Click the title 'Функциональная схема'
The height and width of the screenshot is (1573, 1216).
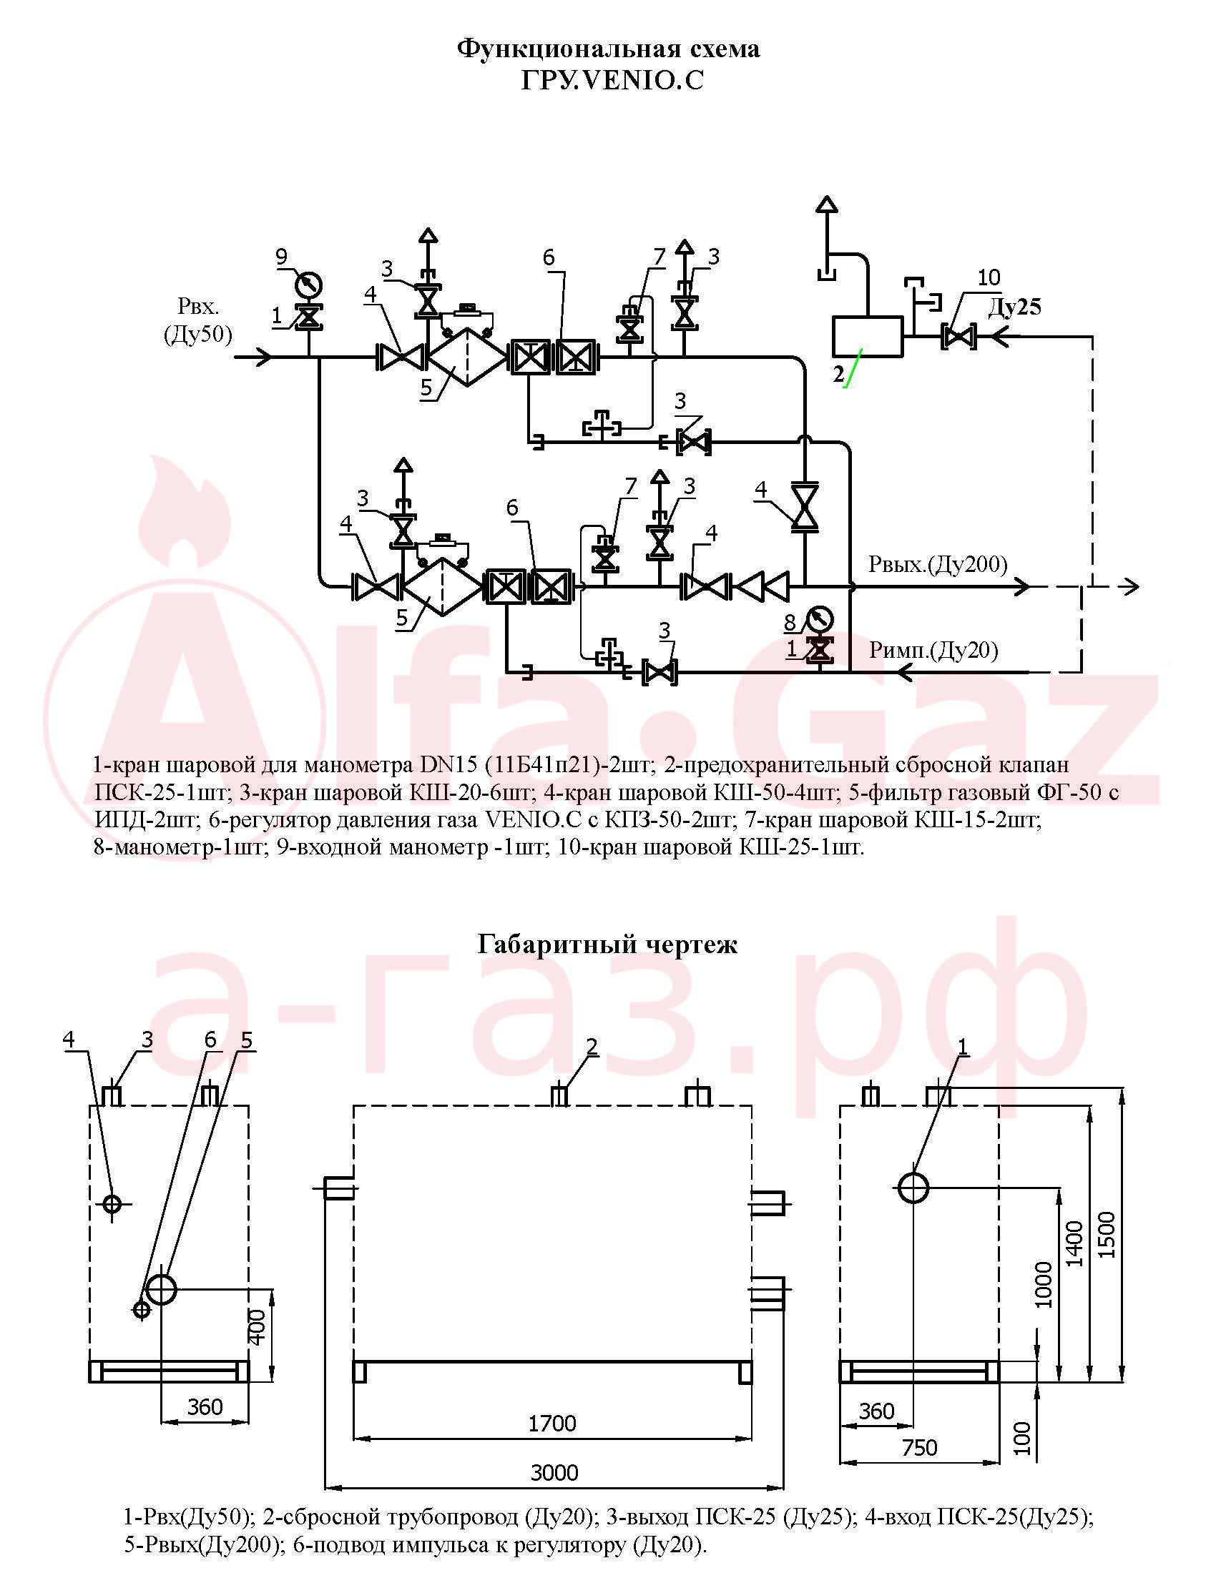point(608,49)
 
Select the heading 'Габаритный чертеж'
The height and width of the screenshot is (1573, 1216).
point(607,945)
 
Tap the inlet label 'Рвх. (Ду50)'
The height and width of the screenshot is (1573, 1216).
point(198,320)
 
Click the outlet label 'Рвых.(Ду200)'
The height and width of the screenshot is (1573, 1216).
point(938,565)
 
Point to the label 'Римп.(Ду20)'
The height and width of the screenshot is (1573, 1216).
point(933,651)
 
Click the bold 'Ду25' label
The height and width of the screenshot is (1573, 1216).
point(1015,307)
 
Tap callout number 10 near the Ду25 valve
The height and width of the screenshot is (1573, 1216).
point(989,277)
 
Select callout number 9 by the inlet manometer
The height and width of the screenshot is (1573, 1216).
point(281,257)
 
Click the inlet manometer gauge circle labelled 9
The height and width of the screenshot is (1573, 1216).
point(308,285)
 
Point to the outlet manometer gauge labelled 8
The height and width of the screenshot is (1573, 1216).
point(819,618)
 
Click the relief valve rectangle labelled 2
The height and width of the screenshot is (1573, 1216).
point(867,336)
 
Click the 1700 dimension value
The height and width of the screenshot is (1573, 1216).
point(552,1424)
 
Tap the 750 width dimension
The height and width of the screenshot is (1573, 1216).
point(919,1448)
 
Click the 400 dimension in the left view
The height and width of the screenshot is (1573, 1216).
point(257,1326)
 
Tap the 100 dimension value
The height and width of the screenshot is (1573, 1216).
point(1022,1438)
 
